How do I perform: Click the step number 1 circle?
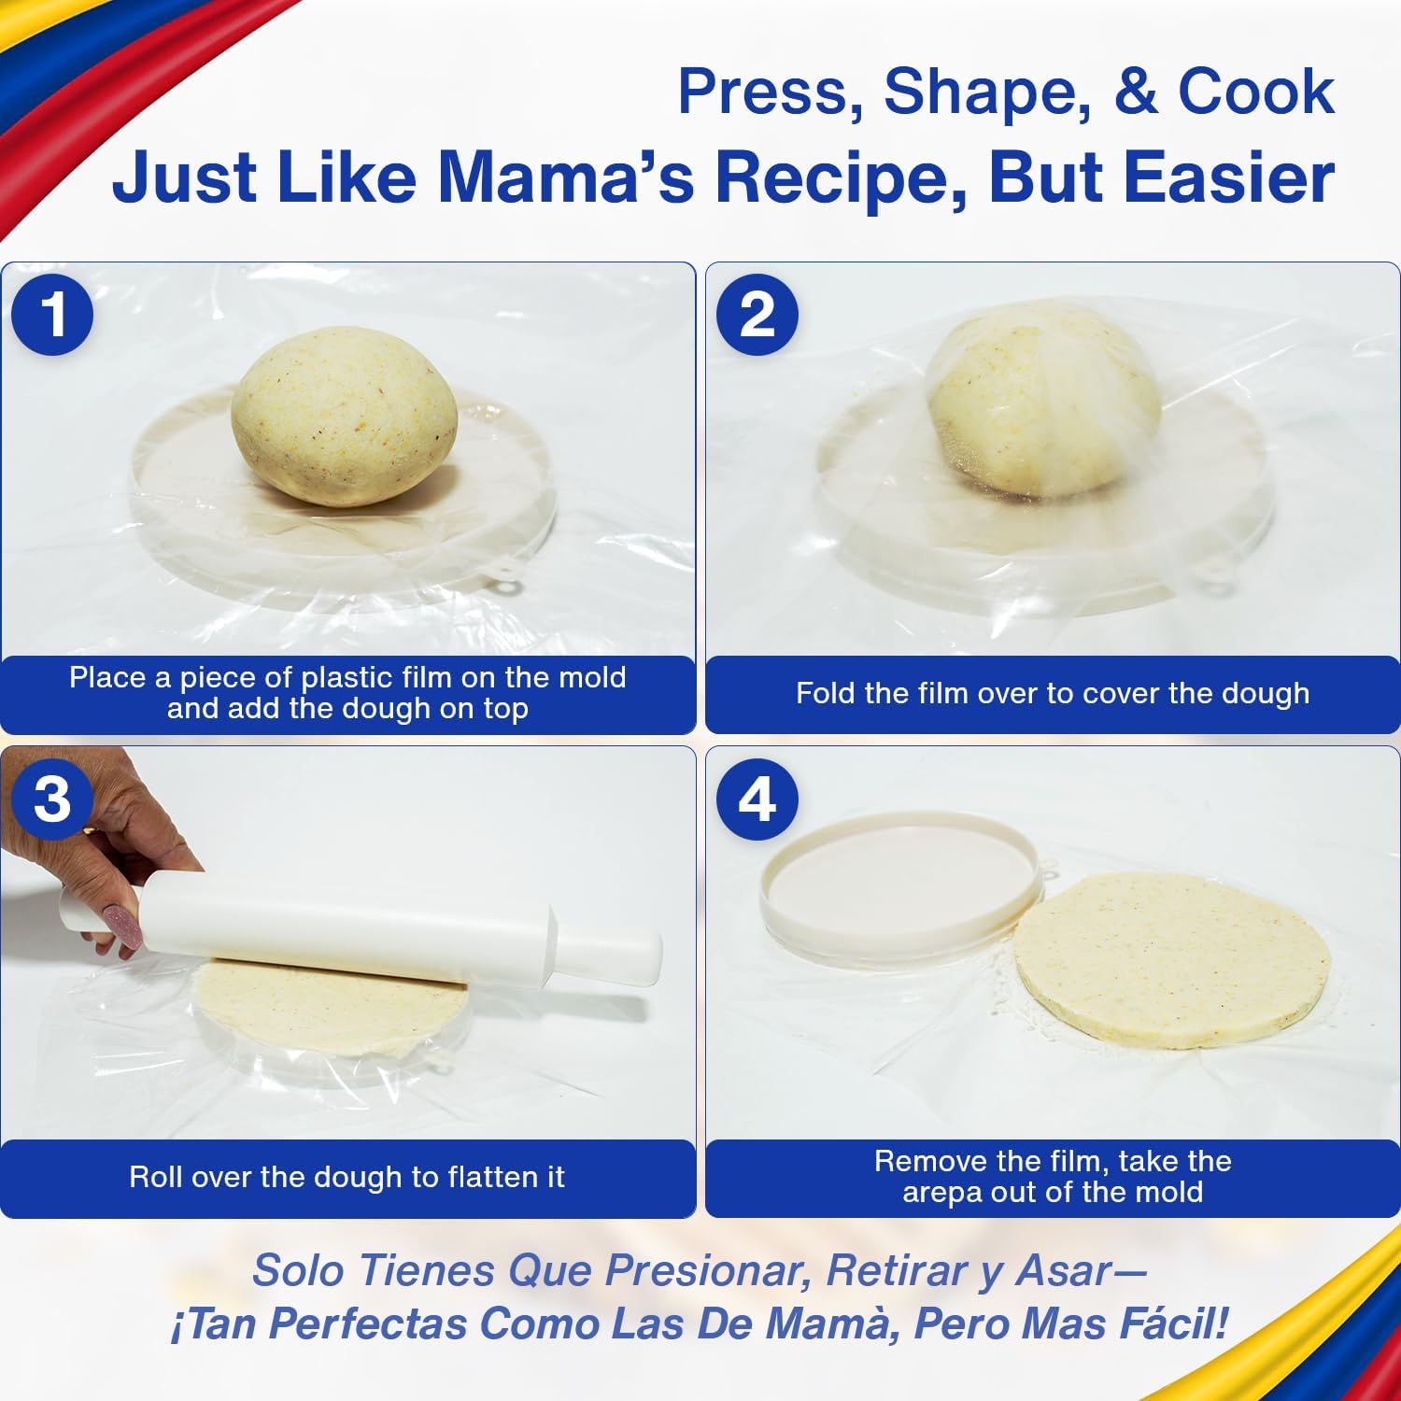52,314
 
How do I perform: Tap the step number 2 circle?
757,314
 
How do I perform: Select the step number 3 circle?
52,799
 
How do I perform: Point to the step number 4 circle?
757,799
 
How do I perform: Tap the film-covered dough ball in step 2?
1044,400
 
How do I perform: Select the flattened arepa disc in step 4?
1172,962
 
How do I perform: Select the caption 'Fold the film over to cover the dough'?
1052,693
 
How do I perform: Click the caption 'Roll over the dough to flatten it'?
347,1177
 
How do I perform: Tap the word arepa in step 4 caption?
944,1193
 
